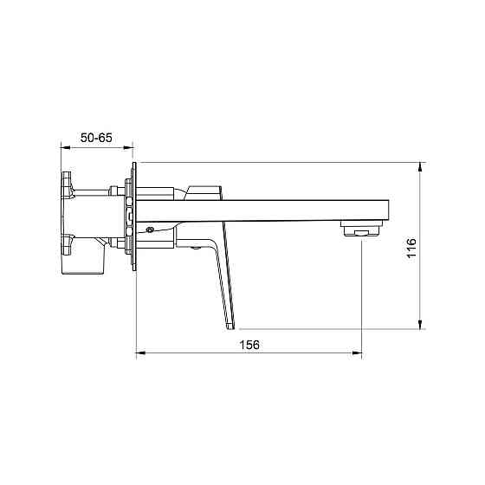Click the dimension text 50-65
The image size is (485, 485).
pos(96,138)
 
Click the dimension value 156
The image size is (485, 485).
pos(249,345)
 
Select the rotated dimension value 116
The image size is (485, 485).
pos(411,248)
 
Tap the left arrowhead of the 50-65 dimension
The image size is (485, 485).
pos(65,147)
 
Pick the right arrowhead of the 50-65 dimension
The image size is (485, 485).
pos(128,147)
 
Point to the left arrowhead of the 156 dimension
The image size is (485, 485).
pos(141,352)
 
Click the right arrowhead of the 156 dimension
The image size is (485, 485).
pos(357,352)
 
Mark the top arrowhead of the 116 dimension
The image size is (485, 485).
pos(420,167)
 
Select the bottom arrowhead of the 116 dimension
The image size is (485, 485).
pos(420,324)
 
